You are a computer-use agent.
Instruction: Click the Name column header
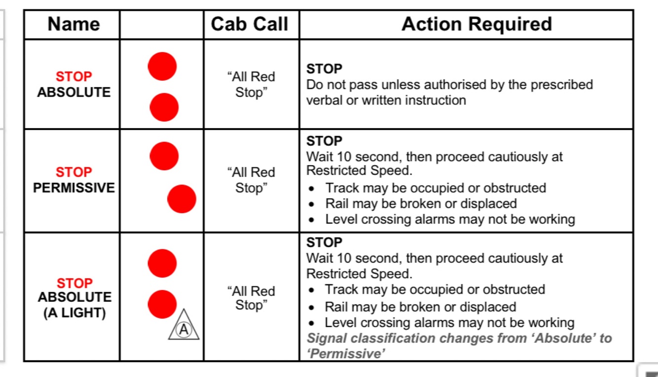coord(73,24)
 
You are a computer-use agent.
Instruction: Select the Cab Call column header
coord(250,24)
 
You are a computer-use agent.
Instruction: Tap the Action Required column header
coord(477,24)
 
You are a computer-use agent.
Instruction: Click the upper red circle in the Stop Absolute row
coord(162,67)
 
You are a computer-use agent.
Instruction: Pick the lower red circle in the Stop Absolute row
coord(164,107)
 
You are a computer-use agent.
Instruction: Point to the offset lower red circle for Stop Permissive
coord(182,199)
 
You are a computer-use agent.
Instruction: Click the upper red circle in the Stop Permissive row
coord(164,156)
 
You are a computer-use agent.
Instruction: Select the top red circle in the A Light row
coord(162,264)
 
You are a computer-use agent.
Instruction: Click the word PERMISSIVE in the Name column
coord(73,188)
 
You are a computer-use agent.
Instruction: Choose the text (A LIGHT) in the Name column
coord(74,313)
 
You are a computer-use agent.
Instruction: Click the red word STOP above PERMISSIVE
coord(73,172)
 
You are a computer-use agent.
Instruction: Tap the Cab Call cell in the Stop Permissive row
coord(251,180)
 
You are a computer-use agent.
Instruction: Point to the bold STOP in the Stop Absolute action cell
coord(324,69)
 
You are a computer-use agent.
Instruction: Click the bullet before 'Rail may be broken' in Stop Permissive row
coord(312,204)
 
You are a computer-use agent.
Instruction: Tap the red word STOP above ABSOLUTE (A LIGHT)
coord(74,283)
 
